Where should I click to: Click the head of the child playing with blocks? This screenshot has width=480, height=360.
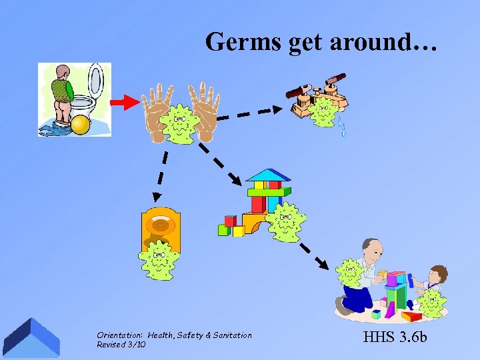coord(437,273)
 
